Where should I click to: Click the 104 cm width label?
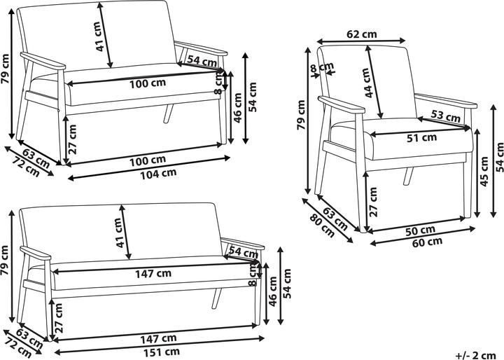pos(158,174)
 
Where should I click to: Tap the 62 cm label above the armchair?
pos(362,34)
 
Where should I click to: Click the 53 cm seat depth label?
pos(445,116)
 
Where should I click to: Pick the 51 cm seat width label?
pos(421,138)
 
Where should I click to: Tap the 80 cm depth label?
pos(322,226)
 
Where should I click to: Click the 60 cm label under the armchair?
pos(427,242)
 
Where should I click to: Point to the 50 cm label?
pos(420,230)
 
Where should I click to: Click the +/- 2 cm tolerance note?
pos(476,356)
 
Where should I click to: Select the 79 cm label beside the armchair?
pos(301,115)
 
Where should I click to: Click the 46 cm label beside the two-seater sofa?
pos(237,108)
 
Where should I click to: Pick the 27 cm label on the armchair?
pos(373,202)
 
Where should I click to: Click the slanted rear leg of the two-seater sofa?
pos(168,113)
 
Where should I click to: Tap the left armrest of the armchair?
pos(341,104)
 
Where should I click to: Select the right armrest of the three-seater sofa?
pos(243,244)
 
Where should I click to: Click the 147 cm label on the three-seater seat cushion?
pos(153,274)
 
